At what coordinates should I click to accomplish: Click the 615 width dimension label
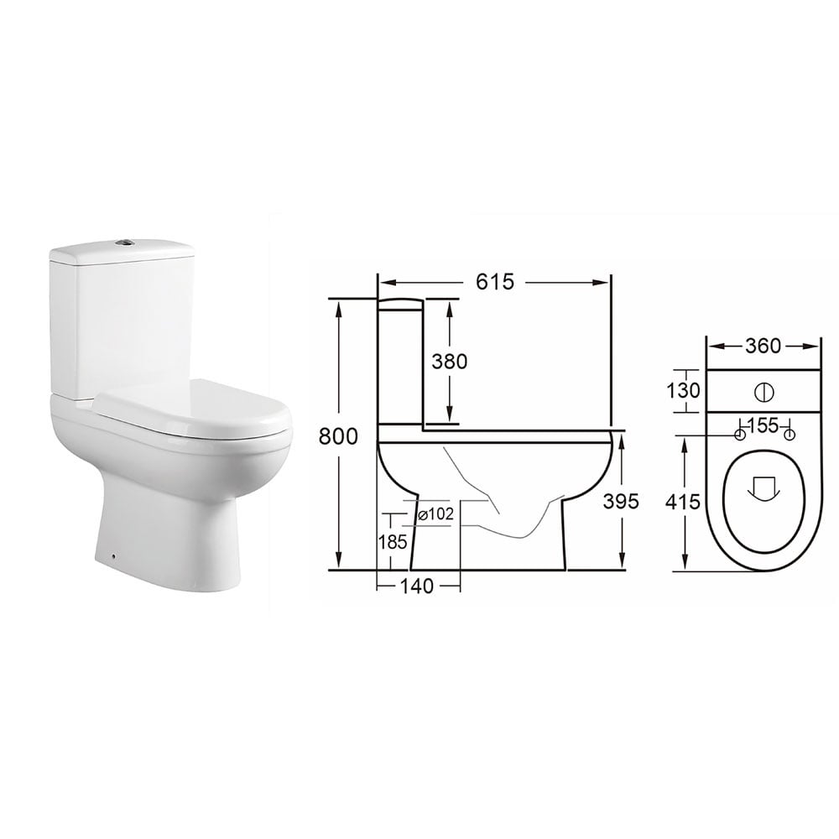coord(495,283)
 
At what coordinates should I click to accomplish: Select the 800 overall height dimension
coord(338,435)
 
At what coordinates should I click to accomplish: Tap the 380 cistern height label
coord(449,361)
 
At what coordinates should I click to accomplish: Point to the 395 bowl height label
coord(622,501)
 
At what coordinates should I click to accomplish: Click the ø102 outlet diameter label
coord(435,514)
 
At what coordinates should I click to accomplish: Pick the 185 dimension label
coord(393,541)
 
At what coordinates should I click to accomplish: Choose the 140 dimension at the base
coord(417,586)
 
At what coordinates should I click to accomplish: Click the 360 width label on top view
coord(763,346)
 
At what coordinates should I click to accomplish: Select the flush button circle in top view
coord(763,392)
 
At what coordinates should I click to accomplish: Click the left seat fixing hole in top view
coord(739,435)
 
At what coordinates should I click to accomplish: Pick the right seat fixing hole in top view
coord(789,435)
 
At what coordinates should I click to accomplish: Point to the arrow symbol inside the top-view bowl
coord(763,488)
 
